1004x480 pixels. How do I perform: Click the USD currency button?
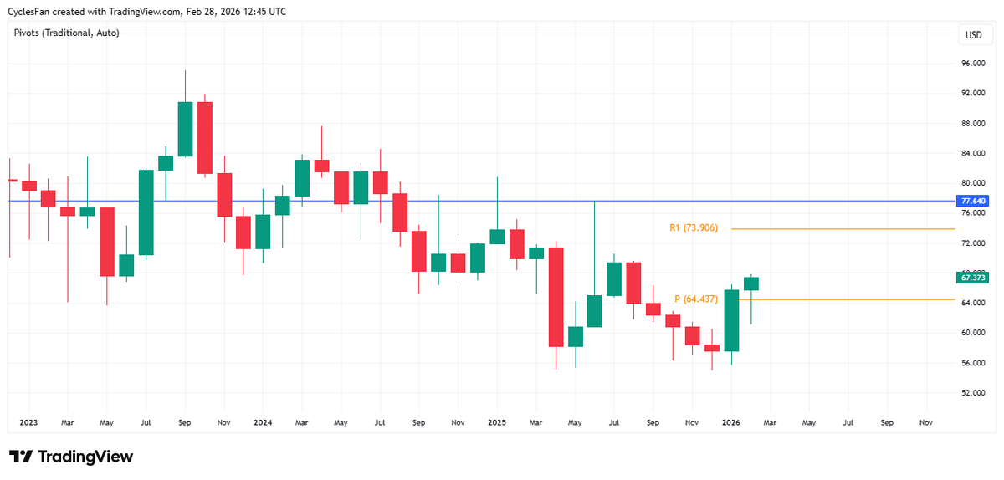point(973,35)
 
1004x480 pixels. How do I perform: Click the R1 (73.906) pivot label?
point(694,227)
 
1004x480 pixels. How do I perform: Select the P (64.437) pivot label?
point(696,299)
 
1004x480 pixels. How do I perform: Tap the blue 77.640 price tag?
point(974,201)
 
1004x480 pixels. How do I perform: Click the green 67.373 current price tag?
point(974,278)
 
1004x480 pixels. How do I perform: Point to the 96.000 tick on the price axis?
point(973,64)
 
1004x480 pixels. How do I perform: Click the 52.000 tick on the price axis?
point(973,392)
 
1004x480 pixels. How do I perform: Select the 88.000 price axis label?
point(973,124)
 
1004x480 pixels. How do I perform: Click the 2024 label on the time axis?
point(263,423)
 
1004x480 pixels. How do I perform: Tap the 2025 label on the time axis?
point(497,423)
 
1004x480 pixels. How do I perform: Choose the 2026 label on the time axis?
point(730,423)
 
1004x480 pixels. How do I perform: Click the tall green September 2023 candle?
point(185,129)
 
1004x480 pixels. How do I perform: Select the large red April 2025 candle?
point(556,297)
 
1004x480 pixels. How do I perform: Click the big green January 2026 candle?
point(731,320)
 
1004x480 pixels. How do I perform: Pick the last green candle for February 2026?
point(750,283)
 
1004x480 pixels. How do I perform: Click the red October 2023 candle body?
point(204,138)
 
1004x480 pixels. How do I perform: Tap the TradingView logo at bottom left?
point(71,457)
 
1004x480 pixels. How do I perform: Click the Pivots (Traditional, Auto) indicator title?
point(67,33)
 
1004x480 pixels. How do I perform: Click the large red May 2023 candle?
point(107,242)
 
